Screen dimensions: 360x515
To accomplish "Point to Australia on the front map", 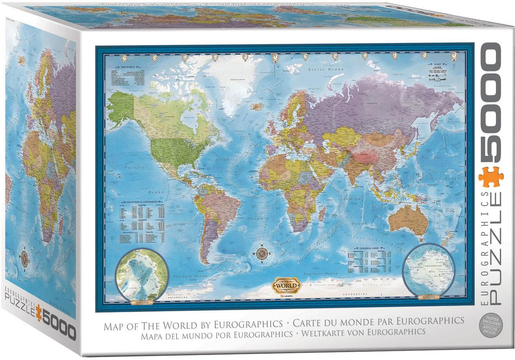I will point(409,220).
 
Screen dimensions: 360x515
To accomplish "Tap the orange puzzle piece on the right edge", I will point(491,177).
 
